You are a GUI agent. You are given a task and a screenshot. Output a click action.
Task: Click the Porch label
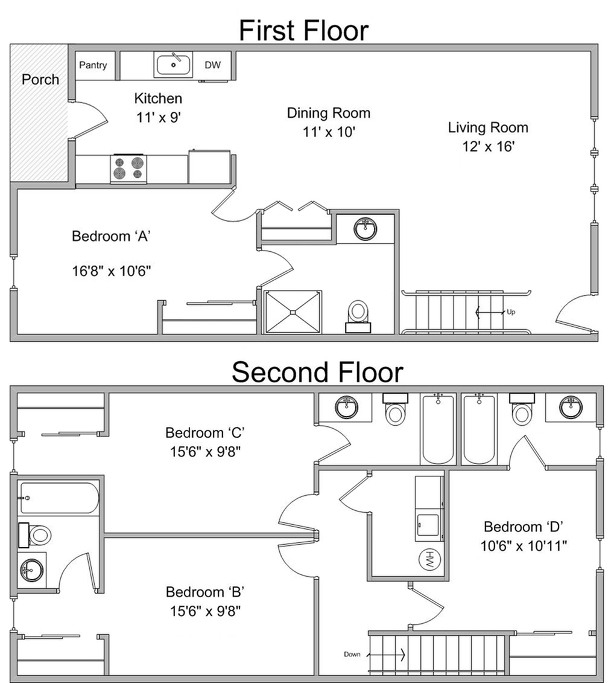click(x=40, y=79)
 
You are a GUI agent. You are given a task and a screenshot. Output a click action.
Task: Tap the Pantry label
click(x=93, y=65)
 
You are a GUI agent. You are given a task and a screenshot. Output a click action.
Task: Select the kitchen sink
click(x=173, y=65)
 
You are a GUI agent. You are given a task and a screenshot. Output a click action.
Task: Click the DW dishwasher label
click(x=213, y=65)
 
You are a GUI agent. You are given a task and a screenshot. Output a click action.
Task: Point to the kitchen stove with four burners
click(x=128, y=169)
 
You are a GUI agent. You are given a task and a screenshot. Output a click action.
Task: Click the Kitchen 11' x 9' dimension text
click(x=159, y=117)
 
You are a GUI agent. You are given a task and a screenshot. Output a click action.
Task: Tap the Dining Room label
click(x=329, y=113)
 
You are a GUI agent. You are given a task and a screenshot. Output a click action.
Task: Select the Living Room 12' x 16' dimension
click(x=488, y=146)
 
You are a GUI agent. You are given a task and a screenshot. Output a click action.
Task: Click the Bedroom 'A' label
click(x=112, y=236)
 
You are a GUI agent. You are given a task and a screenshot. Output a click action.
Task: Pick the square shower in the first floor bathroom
click(x=293, y=312)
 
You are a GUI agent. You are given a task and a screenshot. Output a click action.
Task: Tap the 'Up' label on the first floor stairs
click(x=511, y=312)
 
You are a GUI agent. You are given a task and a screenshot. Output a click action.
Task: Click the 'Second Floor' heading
click(x=318, y=373)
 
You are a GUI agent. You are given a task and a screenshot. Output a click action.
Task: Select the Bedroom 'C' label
click(x=205, y=432)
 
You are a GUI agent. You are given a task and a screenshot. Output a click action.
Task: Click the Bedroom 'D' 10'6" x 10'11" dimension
click(x=524, y=545)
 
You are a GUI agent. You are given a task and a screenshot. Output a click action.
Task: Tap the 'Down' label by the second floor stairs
click(x=352, y=654)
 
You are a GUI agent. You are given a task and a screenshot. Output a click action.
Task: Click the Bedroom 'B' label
click(x=205, y=592)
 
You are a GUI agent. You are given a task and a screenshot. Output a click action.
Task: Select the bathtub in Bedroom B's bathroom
click(x=59, y=498)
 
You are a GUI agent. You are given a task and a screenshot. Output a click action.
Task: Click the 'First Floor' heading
click(x=304, y=30)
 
